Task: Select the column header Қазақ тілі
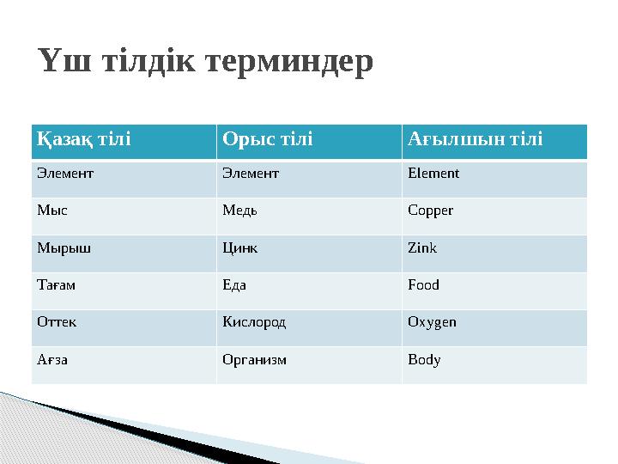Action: tap(83, 139)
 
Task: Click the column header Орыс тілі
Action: tap(268, 139)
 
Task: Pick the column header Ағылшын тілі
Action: tap(475, 139)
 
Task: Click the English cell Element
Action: tap(433, 174)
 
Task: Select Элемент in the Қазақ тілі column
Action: tap(65, 174)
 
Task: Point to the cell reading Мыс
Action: tap(51, 211)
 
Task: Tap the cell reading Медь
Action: tap(239, 211)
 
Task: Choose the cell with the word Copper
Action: tap(430, 211)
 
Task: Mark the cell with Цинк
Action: tap(239, 248)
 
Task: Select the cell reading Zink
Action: tap(422, 248)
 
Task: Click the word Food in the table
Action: tap(423, 285)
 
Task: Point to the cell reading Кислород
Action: tap(254, 323)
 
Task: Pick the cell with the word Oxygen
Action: tap(432, 323)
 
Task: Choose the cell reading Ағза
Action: tap(51, 360)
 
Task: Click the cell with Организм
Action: tap(255, 360)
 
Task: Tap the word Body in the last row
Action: tap(424, 360)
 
